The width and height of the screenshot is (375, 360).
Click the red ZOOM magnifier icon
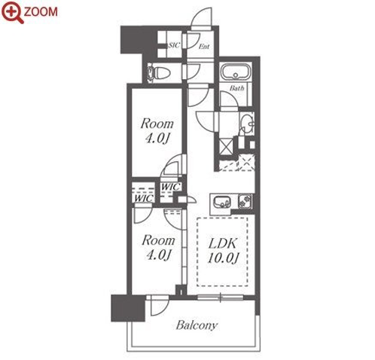click(x=12, y=12)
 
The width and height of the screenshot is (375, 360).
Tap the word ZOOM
click(x=41, y=12)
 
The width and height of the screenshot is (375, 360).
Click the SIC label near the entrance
click(x=175, y=45)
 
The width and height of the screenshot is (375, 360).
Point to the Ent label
click(x=204, y=47)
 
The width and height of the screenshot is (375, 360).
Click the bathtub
click(x=236, y=72)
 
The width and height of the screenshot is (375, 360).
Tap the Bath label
click(x=237, y=88)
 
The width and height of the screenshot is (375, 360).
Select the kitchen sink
click(x=222, y=202)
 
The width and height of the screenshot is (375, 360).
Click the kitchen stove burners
click(x=245, y=201)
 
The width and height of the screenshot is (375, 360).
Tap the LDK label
click(x=222, y=243)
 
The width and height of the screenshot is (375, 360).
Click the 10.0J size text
click(x=223, y=258)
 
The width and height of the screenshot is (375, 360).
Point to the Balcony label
click(x=197, y=325)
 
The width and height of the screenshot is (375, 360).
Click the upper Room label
click(x=157, y=124)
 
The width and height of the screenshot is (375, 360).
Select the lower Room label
click(x=158, y=240)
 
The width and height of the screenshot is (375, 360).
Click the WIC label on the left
click(x=143, y=198)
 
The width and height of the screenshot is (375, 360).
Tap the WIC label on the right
click(x=171, y=187)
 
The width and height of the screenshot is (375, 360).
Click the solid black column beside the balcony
click(x=128, y=308)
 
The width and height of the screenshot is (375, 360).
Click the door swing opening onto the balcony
click(x=160, y=305)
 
